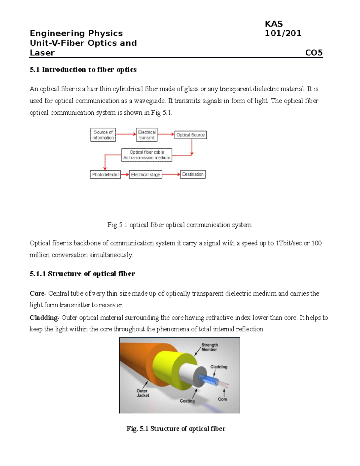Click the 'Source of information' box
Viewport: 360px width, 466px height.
[x=103, y=135]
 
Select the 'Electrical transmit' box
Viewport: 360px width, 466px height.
[x=147, y=135]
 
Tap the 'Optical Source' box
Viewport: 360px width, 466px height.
[x=190, y=135]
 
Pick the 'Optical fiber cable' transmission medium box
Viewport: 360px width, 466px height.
[x=147, y=155]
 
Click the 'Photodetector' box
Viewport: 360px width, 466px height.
[x=105, y=175]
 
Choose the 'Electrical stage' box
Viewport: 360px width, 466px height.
[x=145, y=175]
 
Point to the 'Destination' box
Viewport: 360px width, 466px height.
[x=193, y=174]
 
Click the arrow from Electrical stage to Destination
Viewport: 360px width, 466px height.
[x=171, y=174]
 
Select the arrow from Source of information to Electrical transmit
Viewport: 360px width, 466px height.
[x=126, y=134]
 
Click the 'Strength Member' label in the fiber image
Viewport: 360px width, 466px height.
[x=209, y=347]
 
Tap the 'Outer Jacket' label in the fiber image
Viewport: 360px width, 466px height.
[x=142, y=393]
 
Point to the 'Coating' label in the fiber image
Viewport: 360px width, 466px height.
[x=187, y=401]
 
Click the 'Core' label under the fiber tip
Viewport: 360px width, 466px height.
[x=223, y=399]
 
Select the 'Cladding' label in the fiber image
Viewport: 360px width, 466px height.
[x=219, y=367]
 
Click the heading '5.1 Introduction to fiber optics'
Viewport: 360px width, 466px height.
[x=83, y=70]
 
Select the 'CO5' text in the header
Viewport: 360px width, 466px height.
[x=314, y=53]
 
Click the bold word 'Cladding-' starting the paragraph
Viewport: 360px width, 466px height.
[x=44, y=317]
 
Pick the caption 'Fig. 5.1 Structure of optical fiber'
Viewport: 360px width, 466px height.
[x=176, y=428]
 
